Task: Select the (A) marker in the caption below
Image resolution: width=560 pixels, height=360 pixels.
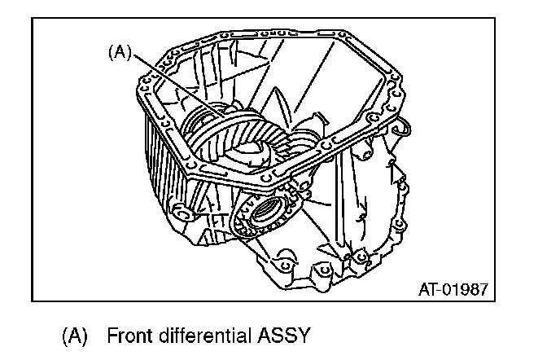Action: (74, 335)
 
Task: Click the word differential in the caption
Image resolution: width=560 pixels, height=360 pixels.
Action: (207, 335)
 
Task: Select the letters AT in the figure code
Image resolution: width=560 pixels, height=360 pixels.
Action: (428, 288)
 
